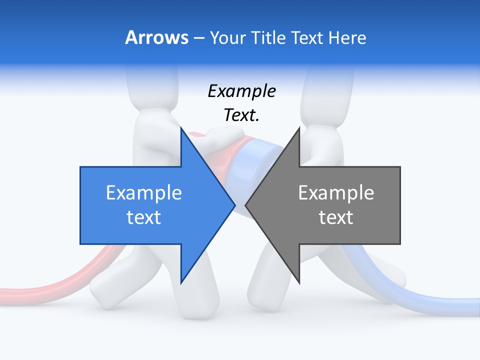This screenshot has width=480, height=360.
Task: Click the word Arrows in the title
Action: point(156,37)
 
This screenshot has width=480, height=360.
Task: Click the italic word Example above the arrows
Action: point(241,91)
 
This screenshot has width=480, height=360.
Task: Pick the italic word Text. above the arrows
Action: point(241,115)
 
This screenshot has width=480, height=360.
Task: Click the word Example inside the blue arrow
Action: point(144,193)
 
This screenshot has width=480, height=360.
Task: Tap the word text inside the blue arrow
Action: point(144,217)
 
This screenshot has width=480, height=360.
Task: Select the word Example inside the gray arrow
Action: point(336,193)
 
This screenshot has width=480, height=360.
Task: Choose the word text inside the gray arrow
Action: point(336,217)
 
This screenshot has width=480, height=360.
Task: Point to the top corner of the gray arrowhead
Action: point(299,128)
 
